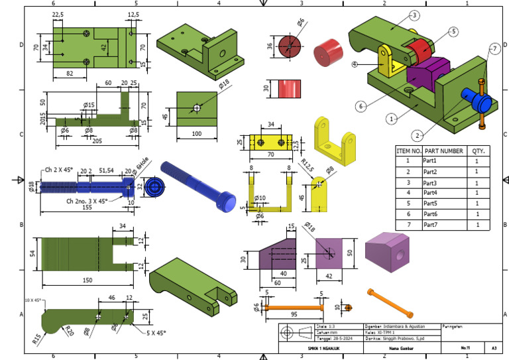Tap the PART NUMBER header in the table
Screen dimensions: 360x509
(443, 150)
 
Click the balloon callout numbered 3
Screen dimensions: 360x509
(414, 15)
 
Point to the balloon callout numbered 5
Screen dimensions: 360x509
(453, 31)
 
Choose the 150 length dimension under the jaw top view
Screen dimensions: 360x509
(87, 280)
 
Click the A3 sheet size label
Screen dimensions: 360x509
(494, 347)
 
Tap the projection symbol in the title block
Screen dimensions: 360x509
(296, 333)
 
